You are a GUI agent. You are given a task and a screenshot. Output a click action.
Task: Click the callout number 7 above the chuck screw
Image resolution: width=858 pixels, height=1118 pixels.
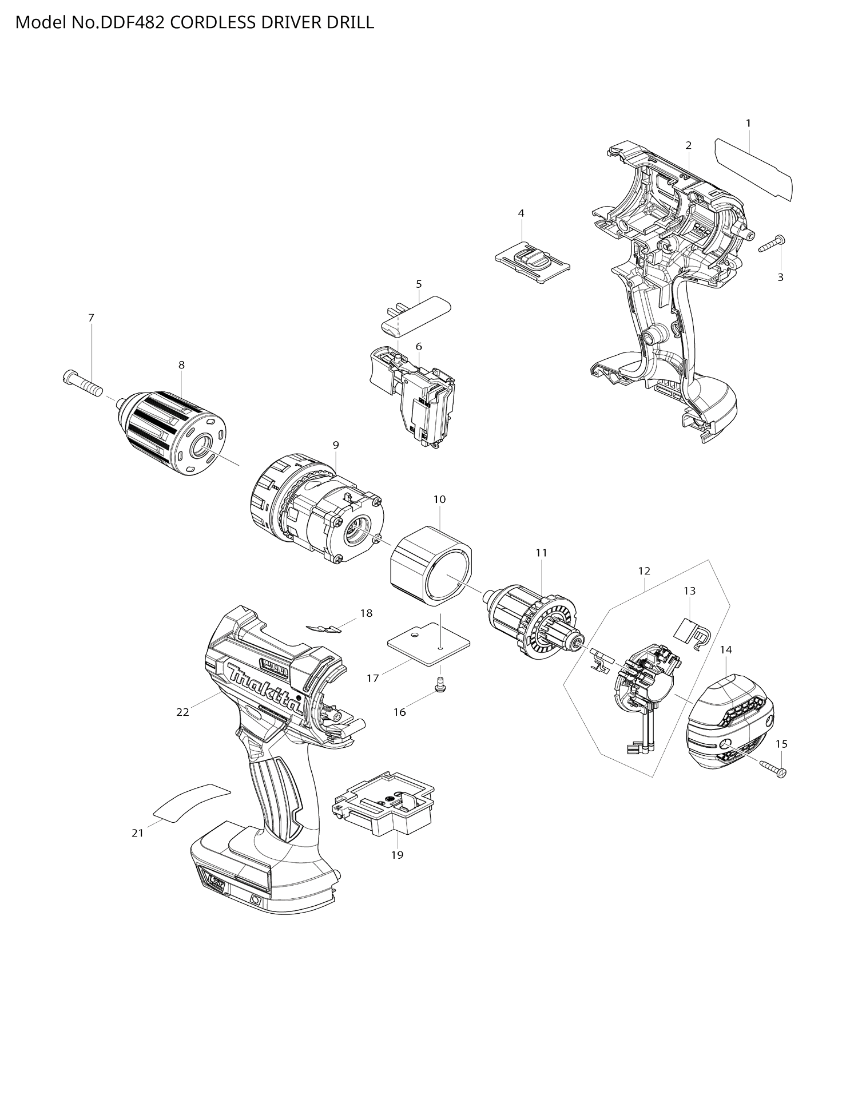[91, 318]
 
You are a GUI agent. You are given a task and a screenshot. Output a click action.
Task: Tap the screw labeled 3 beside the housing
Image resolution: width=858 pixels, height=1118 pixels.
[772, 244]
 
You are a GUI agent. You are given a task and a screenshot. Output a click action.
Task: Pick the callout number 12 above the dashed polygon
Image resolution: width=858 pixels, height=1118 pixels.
[644, 571]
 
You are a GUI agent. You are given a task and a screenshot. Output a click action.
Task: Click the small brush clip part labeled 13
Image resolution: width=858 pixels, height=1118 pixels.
[692, 633]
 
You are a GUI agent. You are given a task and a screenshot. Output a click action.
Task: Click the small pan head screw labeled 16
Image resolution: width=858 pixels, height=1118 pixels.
[440, 683]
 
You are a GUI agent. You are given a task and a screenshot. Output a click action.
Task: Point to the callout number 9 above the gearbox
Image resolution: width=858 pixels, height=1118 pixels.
[336, 445]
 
